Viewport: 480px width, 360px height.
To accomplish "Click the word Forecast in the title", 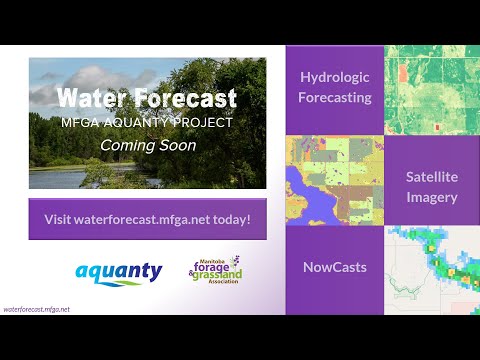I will pyautogui.click(x=184, y=99).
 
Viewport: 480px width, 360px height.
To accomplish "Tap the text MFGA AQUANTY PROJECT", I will pyautogui.click(x=147, y=122).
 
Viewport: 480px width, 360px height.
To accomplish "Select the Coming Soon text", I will pyautogui.click(x=147, y=144).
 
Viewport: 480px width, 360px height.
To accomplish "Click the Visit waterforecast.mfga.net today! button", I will pyautogui.click(x=147, y=219).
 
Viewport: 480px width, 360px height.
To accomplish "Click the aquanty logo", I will pyautogui.click(x=118, y=271).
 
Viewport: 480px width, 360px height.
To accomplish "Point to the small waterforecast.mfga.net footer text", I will pyautogui.click(x=37, y=310).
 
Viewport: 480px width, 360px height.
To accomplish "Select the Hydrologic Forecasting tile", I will pyautogui.click(x=335, y=88).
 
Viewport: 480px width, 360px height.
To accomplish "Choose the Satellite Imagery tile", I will pyautogui.click(x=431, y=186).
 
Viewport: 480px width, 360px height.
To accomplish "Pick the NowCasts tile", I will pyautogui.click(x=335, y=268).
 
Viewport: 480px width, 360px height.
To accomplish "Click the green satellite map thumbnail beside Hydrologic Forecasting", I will pyautogui.click(x=431, y=88).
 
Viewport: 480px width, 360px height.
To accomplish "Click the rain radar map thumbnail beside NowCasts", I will pyautogui.click(x=431, y=268).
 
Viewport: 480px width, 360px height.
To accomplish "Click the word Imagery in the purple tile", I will pyautogui.click(x=431, y=197).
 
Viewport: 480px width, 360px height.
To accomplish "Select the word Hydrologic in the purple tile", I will pyautogui.click(x=335, y=78).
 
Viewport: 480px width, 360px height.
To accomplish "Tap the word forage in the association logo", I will pyautogui.click(x=212, y=267).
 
